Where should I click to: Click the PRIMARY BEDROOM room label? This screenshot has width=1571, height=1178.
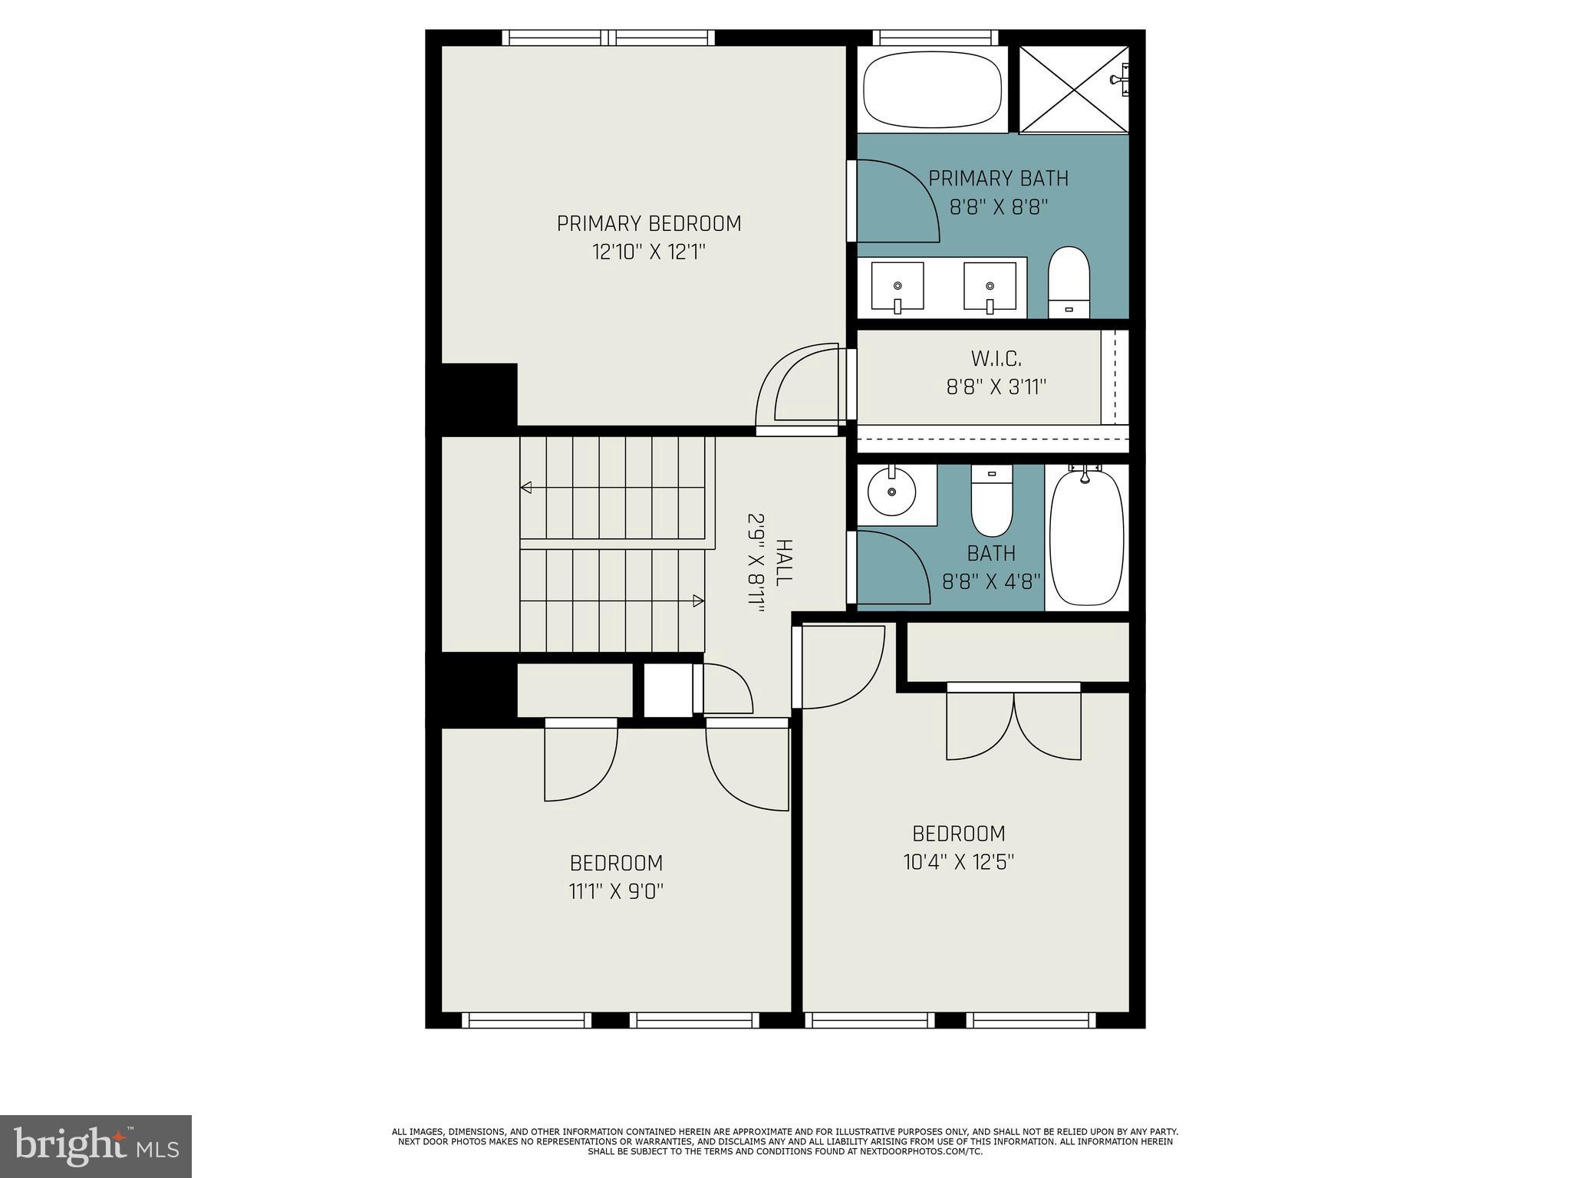(649, 223)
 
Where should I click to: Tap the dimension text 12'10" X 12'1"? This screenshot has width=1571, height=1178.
(649, 252)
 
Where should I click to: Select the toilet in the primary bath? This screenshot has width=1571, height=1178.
(1069, 281)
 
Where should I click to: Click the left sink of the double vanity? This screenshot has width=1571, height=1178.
(897, 287)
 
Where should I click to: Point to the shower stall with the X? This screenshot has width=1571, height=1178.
(1072, 89)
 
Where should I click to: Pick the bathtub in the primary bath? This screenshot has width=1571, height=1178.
(933, 89)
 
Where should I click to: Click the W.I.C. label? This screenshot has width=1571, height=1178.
(996, 358)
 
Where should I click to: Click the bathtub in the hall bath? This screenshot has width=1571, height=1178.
(1086, 539)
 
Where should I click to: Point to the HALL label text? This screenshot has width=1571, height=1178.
(783, 563)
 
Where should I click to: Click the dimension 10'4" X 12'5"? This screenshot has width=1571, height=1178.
(959, 863)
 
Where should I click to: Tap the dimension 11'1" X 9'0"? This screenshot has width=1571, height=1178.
(616, 892)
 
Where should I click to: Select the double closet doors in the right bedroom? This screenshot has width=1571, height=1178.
(1014, 725)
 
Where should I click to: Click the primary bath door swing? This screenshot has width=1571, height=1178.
(897, 201)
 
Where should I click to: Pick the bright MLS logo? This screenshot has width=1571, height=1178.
(96, 1146)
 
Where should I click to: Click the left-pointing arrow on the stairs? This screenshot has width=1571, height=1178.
(527, 487)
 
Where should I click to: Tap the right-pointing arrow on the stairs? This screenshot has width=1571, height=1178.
(698, 601)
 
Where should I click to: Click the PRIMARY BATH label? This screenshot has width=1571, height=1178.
(998, 179)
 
